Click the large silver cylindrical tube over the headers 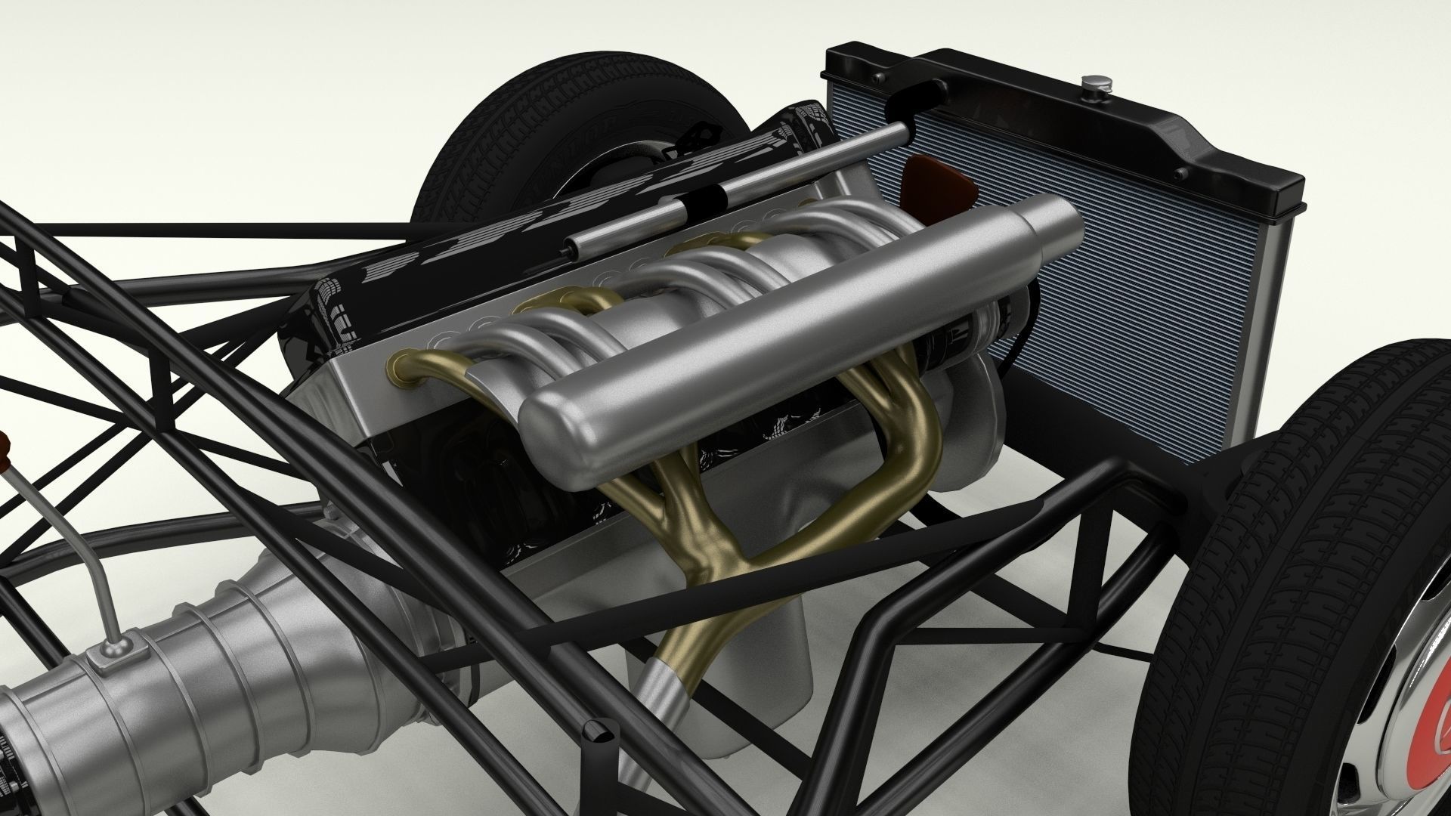pos(756,317)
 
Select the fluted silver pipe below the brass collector pos(665,695)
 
